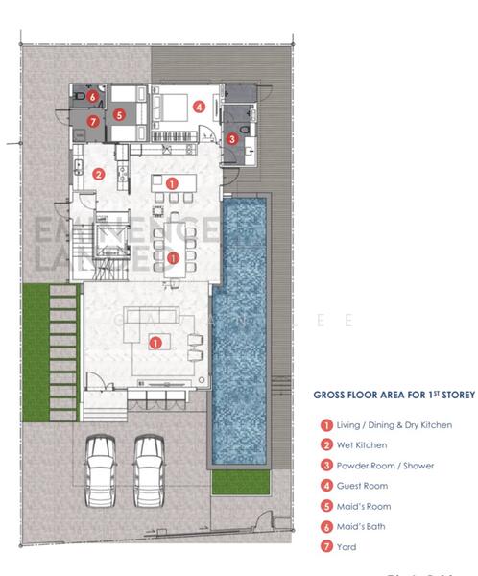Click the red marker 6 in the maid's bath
click(x=92, y=97)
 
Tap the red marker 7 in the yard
click(x=92, y=122)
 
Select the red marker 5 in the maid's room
click(x=118, y=114)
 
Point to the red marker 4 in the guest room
click(x=198, y=108)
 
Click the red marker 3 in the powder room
click(x=231, y=139)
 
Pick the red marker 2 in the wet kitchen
click(x=98, y=174)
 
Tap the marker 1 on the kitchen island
click(x=171, y=182)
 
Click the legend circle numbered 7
click(x=326, y=546)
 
